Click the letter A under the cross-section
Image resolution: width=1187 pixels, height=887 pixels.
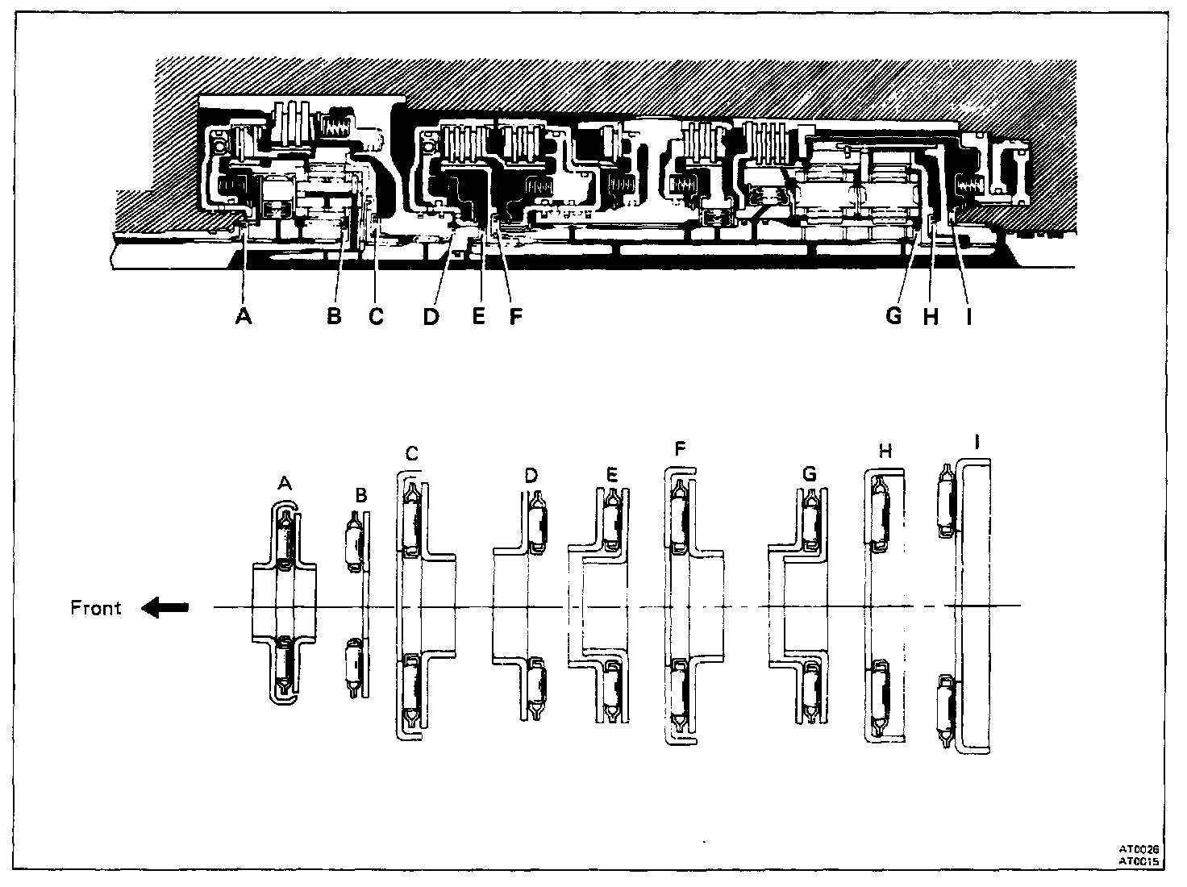coord(244,317)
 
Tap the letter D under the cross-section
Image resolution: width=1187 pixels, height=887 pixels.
coord(431,317)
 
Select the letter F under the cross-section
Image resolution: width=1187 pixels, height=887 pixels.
coord(515,317)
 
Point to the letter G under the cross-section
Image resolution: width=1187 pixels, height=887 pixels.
coord(893,317)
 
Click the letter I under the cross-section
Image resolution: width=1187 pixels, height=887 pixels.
coord(968,317)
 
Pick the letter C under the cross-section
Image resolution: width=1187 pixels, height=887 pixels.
coord(376,317)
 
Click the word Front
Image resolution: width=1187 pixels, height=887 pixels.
coord(96,608)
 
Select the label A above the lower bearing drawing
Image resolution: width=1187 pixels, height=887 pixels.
coord(284,482)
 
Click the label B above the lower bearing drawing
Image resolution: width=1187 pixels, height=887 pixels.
coord(361,493)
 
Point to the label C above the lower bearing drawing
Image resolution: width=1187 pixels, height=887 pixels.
coord(411,454)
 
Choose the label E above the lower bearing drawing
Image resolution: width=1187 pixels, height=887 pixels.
coord(612,475)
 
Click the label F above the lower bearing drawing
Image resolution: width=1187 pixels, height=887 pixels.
coord(680,448)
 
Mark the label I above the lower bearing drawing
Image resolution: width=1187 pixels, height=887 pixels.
coord(978,442)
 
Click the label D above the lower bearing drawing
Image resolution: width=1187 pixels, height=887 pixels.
coord(531,475)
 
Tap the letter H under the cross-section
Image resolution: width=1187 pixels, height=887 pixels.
coord(931,317)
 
